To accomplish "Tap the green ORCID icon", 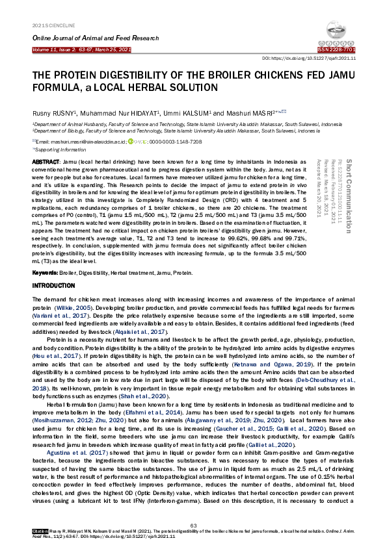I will [x=131, y=141].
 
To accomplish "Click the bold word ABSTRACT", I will [x=46, y=161].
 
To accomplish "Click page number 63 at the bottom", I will [x=193, y=525].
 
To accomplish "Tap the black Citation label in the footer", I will [x=40, y=531].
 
